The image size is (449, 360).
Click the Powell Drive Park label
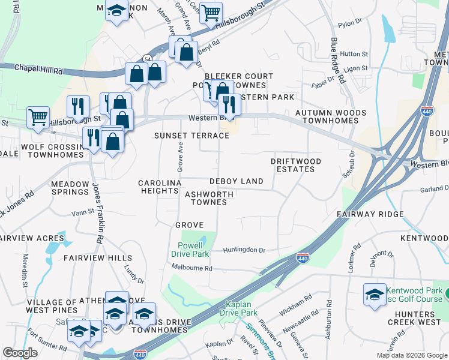click(193, 250)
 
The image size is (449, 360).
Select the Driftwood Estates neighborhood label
click(295, 165)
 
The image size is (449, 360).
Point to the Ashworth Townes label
click(206, 198)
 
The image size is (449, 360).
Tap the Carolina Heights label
click(159, 187)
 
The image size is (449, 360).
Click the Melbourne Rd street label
click(193, 268)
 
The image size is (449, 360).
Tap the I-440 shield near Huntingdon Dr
click(303, 259)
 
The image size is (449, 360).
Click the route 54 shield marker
click(147, 58)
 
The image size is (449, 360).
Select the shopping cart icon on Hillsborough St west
click(38, 117)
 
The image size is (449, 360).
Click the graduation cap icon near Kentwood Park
click(375, 295)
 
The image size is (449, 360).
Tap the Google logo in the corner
click(20, 353)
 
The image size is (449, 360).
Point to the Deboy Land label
click(236, 181)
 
